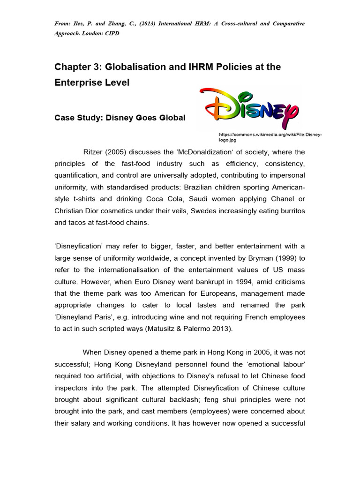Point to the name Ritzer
tap(93, 152)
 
